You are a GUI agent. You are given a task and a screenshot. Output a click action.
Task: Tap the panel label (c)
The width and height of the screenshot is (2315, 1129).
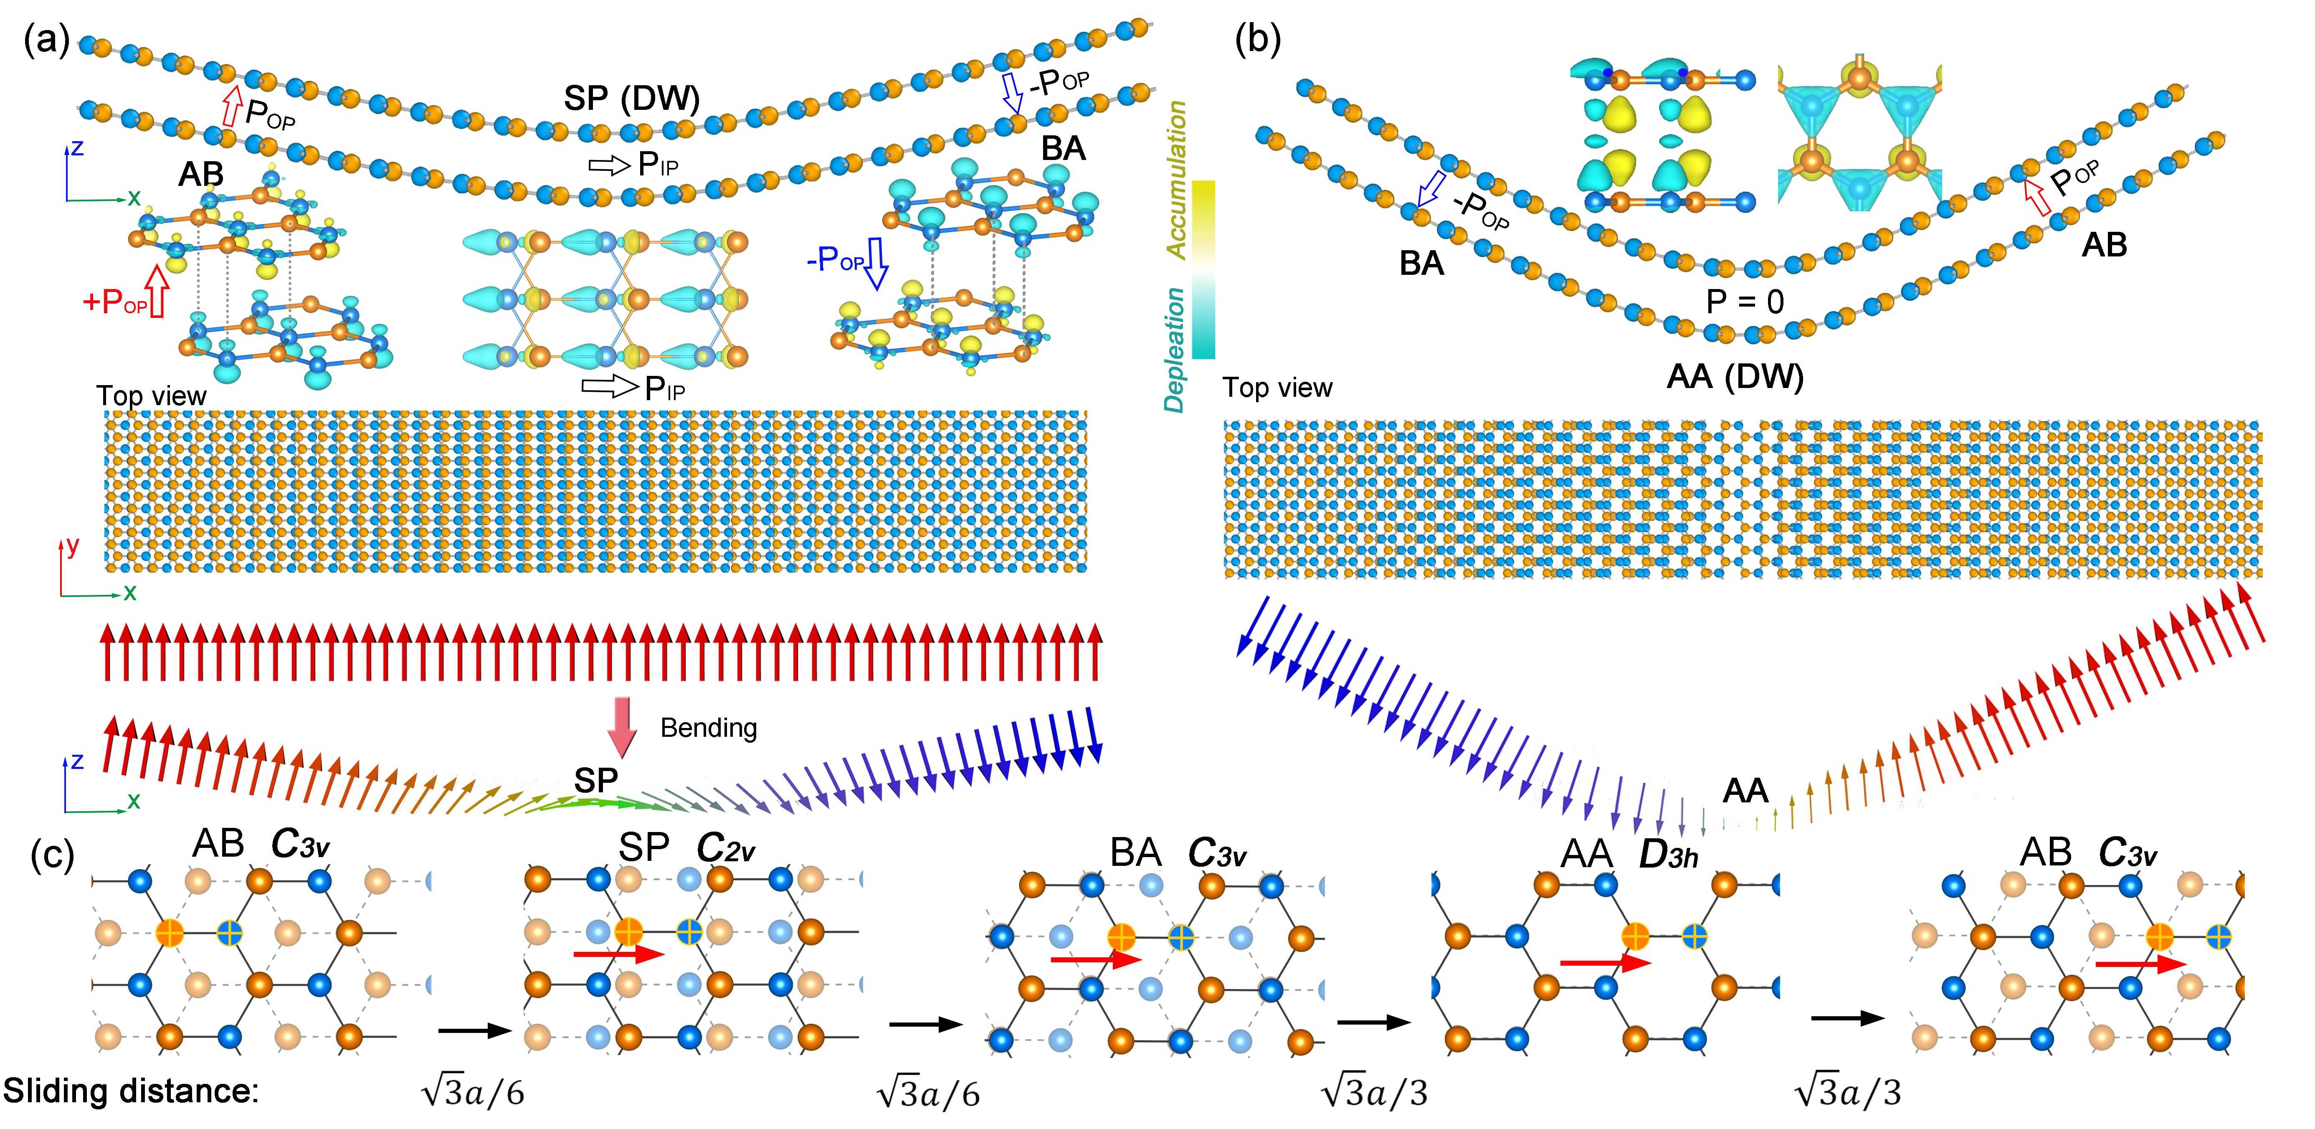52,854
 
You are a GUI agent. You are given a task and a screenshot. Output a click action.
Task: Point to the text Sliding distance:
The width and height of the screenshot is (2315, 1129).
131,1091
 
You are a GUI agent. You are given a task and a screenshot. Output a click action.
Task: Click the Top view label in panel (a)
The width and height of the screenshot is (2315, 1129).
151,396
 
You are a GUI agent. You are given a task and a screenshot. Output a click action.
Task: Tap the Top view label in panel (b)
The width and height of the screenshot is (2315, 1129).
1277,388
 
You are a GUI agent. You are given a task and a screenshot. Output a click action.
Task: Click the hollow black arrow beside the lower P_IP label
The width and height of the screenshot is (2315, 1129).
609,386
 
